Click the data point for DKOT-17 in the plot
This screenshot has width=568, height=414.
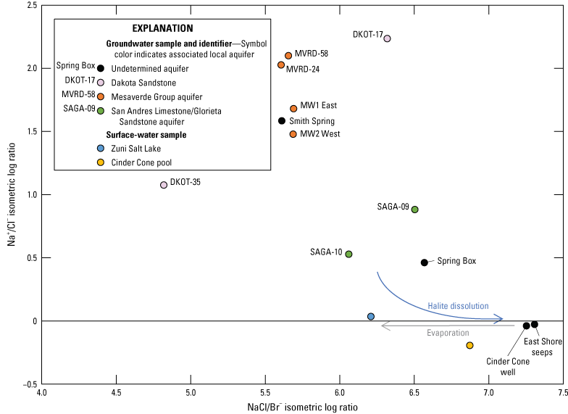(x=387, y=38)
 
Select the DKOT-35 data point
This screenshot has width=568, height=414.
(x=164, y=185)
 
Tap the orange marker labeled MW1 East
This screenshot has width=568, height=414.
(x=293, y=109)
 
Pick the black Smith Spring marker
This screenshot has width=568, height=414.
(x=282, y=121)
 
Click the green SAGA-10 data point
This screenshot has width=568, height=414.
(x=348, y=254)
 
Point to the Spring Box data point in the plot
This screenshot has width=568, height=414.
(x=425, y=262)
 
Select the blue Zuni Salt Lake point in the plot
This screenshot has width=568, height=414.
(x=371, y=317)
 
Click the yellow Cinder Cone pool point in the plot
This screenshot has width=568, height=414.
(x=469, y=345)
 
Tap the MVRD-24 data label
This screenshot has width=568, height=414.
(x=302, y=70)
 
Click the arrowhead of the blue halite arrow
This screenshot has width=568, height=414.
(x=499, y=318)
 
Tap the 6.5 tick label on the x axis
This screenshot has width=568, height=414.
(x=414, y=392)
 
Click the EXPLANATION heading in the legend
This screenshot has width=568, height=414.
(x=161, y=28)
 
